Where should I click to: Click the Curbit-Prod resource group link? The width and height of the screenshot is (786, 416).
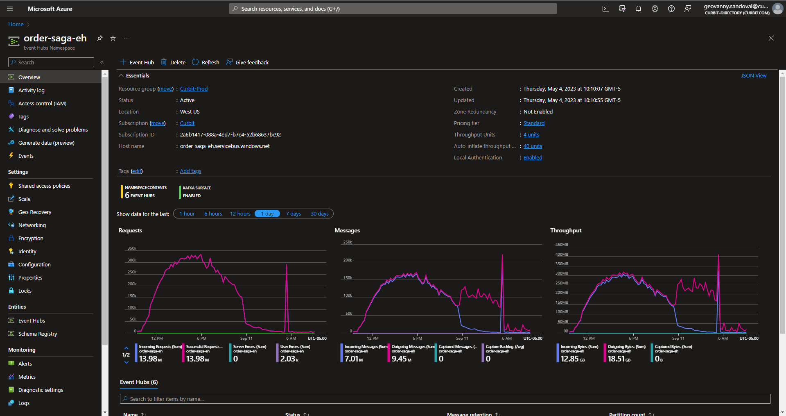coord(194,89)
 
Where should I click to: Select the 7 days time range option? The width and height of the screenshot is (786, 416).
coord(293,214)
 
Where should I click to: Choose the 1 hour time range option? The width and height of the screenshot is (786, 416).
coord(187,214)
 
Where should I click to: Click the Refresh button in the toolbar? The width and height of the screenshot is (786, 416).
coord(206,62)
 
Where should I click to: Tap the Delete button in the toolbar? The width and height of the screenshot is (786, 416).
coord(173,62)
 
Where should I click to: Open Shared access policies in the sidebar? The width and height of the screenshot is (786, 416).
coord(44,186)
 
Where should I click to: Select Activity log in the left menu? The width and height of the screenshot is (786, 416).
coord(31,91)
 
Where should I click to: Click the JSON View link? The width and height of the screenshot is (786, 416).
coord(754,76)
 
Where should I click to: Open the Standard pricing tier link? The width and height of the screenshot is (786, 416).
coord(534,123)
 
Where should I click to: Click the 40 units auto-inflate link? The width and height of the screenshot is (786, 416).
coord(533,146)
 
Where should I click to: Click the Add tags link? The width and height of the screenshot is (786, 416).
coord(190,171)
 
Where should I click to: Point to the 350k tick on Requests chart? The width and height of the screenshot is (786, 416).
coord(132,248)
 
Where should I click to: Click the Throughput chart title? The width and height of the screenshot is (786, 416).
coord(566,231)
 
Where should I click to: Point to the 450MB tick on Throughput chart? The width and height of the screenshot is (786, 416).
coord(562,245)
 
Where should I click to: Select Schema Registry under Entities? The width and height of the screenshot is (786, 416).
coord(37,334)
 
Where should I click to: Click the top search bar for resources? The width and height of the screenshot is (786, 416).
coord(393,9)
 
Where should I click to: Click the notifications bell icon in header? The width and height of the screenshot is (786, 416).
coord(639,9)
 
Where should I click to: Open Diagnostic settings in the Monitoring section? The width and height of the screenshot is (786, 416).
coord(41,390)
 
